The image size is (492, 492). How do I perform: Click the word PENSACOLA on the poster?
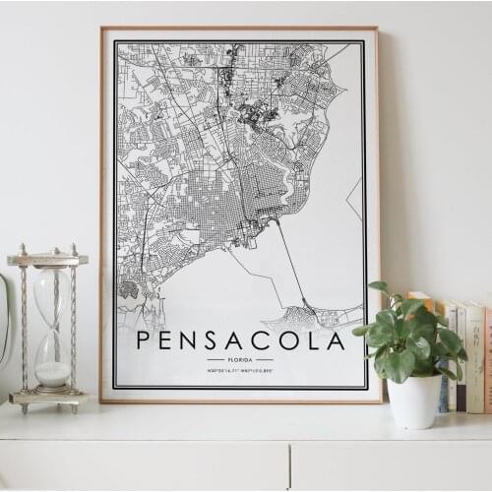point(240,340)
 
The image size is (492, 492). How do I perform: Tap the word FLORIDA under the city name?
point(240,360)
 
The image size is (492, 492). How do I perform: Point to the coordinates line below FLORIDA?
point(240,370)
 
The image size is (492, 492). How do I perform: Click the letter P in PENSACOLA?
point(143,340)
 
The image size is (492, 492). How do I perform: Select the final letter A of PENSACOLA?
point(337,340)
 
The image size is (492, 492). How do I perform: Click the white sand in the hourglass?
point(52,373)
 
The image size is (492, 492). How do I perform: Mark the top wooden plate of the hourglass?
point(47,260)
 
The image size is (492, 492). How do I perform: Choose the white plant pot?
point(414,400)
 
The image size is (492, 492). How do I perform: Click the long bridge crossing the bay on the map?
point(291,262)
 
